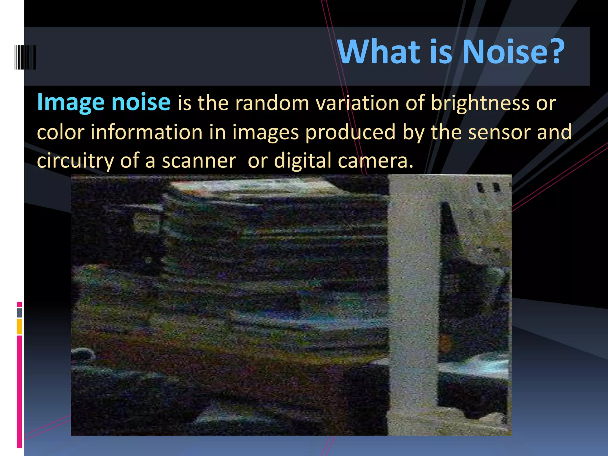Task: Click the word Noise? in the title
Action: (x=513, y=52)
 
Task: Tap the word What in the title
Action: (x=379, y=52)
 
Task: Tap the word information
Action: (x=146, y=132)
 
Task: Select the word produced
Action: (x=350, y=132)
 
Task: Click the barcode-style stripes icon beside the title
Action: (x=25, y=57)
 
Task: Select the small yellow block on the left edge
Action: (x=19, y=326)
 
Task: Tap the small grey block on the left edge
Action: (x=19, y=313)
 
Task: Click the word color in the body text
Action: (x=61, y=132)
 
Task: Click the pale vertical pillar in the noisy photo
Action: (x=413, y=297)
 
